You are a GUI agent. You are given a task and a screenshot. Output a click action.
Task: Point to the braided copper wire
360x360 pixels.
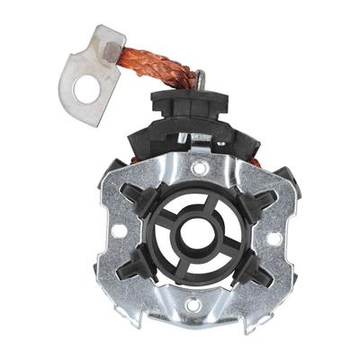point(153,66)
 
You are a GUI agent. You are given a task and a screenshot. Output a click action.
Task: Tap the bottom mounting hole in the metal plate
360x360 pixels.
point(190,305)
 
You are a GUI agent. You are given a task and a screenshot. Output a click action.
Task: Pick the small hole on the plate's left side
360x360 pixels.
point(118,230)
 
